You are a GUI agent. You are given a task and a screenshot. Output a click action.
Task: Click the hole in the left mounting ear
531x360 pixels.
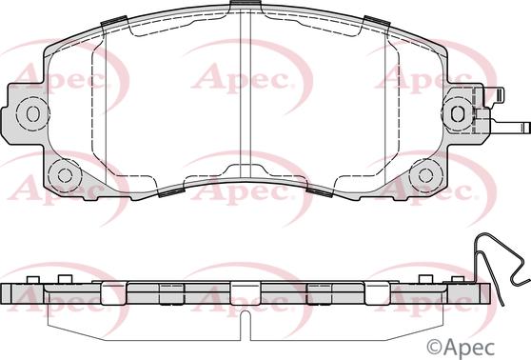(32, 113)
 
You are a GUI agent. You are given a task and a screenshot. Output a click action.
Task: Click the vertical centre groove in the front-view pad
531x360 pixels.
(245, 95)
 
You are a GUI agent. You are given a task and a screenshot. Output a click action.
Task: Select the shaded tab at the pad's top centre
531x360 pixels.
(245, 7)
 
